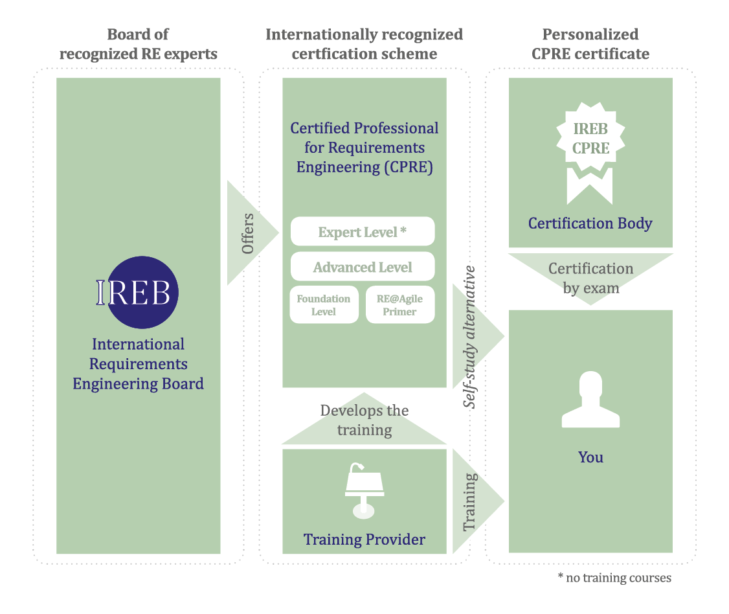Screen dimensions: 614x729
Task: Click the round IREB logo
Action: coord(139,293)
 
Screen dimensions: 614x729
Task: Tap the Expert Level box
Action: coord(363,232)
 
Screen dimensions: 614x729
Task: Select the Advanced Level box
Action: coord(363,267)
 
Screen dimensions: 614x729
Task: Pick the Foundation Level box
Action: coord(324,305)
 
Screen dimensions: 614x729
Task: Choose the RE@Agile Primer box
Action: coord(400,305)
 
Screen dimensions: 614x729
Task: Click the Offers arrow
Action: coord(250,233)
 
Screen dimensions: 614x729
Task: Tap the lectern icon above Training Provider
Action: coord(364,490)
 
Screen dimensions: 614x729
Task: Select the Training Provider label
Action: coord(365,539)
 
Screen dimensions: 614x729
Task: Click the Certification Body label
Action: coord(590,223)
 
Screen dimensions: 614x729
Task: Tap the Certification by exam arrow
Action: coord(590,278)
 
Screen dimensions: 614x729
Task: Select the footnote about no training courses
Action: coord(614,578)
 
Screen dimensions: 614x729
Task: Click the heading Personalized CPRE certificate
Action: coord(590,44)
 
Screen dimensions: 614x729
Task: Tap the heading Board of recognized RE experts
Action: coord(139,44)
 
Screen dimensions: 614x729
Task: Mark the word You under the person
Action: coord(590,457)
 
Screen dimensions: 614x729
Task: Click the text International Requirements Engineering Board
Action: coord(139,364)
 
